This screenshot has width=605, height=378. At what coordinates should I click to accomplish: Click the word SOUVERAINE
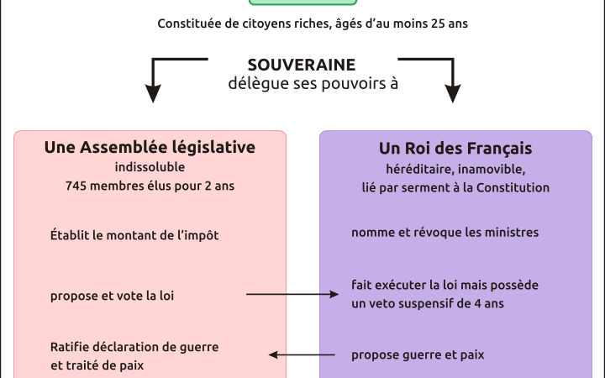click(302, 65)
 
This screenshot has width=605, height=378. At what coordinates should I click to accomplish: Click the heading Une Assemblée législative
click(150, 147)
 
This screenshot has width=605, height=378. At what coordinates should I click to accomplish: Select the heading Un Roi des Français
click(455, 149)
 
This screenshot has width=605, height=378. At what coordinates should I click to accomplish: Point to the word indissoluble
click(150, 167)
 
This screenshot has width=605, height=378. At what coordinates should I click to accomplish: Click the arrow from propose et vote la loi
click(292, 294)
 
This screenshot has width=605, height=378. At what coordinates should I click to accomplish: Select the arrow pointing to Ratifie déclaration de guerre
click(302, 354)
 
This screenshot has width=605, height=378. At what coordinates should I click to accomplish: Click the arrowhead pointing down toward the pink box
click(153, 94)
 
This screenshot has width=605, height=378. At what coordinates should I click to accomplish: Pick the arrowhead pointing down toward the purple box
click(453, 94)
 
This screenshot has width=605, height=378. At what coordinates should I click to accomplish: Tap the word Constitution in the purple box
click(513, 187)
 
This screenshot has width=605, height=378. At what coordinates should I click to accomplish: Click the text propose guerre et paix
click(418, 354)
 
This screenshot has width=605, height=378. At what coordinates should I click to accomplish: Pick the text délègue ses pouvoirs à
click(313, 84)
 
